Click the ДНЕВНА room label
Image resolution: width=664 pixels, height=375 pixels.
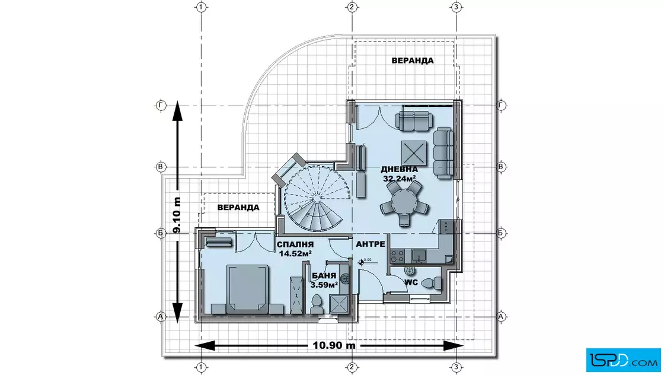[399, 170]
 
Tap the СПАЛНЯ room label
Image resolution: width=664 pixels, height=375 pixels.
[295, 244]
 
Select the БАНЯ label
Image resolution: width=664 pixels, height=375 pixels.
[324, 276]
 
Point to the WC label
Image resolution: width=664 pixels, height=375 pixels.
[411, 282]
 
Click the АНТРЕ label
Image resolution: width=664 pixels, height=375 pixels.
[371, 244]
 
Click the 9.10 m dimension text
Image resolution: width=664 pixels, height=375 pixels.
[177, 215]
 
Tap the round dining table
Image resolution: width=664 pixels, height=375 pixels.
[404, 202]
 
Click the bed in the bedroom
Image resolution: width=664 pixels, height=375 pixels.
[247, 289]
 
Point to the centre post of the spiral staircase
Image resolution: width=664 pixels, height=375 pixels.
[317, 198]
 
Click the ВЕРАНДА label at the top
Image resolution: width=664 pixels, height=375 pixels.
[413, 61]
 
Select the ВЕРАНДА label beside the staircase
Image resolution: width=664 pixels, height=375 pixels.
[238, 207]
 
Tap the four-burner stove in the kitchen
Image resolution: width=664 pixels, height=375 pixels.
[397, 256]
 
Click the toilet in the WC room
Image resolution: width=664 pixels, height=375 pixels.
[432, 282]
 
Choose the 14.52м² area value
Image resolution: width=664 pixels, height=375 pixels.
[295, 254]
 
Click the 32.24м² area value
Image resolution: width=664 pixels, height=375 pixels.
[399, 179]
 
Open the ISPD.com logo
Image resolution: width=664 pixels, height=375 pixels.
[623, 360]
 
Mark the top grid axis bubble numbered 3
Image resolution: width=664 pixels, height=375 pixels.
[456, 7]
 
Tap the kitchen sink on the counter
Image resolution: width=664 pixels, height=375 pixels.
[419, 256]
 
